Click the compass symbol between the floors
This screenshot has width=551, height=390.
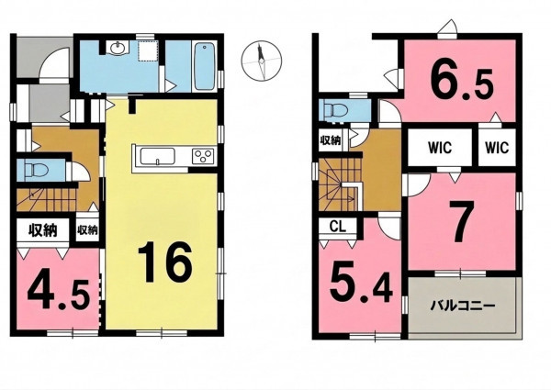pyautogui.click(x=262, y=61)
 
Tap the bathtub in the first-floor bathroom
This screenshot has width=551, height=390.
pyautogui.click(x=204, y=66)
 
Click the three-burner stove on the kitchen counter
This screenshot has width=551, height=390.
pyautogui.click(x=203, y=156)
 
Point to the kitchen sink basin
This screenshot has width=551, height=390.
pyautogui.click(x=157, y=156)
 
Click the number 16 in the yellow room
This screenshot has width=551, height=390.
pyautogui.click(x=165, y=262)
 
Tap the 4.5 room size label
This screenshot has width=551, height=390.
pyautogui.click(x=57, y=293)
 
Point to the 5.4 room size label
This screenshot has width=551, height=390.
pyautogui.click(x=361, y=284)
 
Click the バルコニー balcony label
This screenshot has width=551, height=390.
pyautogui.click(x=463, y=306)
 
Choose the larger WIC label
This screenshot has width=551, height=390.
pyautogui.click(x=440, y=148)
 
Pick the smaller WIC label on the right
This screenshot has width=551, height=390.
pyautogui.click(x=497, y=148)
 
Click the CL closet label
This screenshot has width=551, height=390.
pyautogui.click(x=338, y=227)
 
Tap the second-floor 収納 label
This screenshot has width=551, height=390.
pyautogui.click(x=331, y=140)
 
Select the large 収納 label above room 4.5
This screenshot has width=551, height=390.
pyautogui.click(x=43, y=230)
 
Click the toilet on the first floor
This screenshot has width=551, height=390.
pyautogui.click(x=36, y=171)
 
